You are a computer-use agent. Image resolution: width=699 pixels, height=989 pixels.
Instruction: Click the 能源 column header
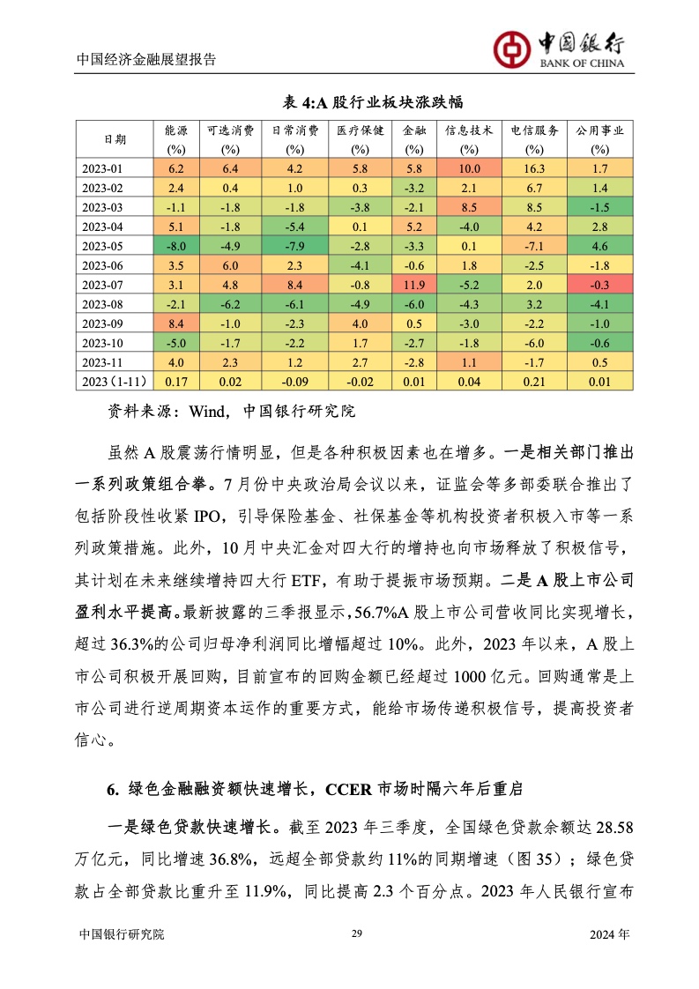pyautogui.click(x=175, y=130)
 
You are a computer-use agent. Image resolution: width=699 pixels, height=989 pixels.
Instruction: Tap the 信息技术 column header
pyautogui.click(x=468, y=130)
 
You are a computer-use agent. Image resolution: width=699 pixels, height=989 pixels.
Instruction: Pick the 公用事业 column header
pyautogui.click(x=600, y=130)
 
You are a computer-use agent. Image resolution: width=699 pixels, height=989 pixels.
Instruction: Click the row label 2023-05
pyautogui.click(x=115, y=245)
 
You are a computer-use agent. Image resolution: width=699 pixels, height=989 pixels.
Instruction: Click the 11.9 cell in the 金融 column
pyautogui.click(x=413, y=284)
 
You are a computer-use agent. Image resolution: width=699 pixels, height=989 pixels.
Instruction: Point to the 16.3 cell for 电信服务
pyautogui.click(x=534, y=168)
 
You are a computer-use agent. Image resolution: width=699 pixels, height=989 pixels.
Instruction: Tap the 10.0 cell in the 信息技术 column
pyautogui.click(x=468, y=168)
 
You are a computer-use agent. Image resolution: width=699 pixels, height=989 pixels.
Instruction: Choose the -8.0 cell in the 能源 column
pyautogui.click(x=175, y=245)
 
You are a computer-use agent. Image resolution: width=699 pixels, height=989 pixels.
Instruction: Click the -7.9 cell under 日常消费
pyautogui.click(x=294, y=245)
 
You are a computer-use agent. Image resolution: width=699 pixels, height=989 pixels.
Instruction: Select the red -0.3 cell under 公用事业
pyautogui.click(x=600, y=284)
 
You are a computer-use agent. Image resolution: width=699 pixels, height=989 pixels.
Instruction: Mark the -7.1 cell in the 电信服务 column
pyautogui.click(x=534, y=245)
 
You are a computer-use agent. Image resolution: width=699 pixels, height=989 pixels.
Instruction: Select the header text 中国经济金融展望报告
pyautogui.click(x=146, y=60)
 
